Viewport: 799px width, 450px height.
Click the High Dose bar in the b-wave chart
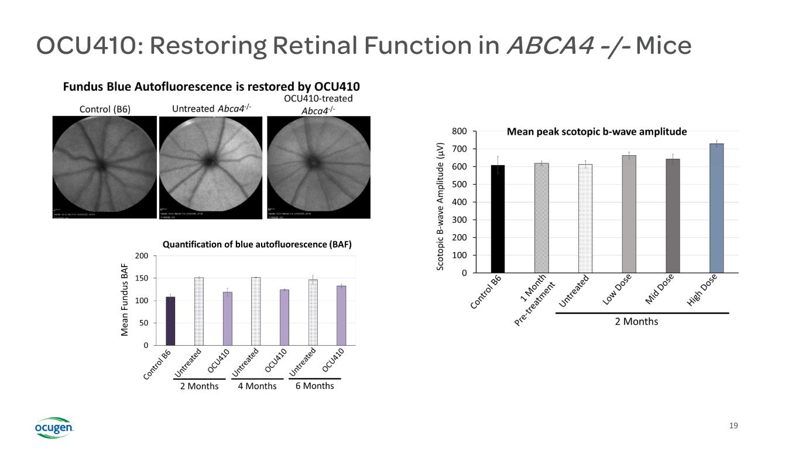click(716, 209)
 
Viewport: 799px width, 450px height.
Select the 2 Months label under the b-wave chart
click(636, 321)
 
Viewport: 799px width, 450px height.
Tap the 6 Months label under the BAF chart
click(315, 386)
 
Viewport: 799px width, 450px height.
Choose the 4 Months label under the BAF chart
click(258, 386)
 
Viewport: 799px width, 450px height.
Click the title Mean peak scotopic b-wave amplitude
click(596, 132)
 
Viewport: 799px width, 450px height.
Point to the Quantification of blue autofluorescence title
click(257, 245)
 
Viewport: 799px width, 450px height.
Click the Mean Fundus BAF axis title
click(125, 300)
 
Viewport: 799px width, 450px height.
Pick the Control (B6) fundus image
click(105, 167)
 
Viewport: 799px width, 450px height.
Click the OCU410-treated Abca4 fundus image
click(318, 167)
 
